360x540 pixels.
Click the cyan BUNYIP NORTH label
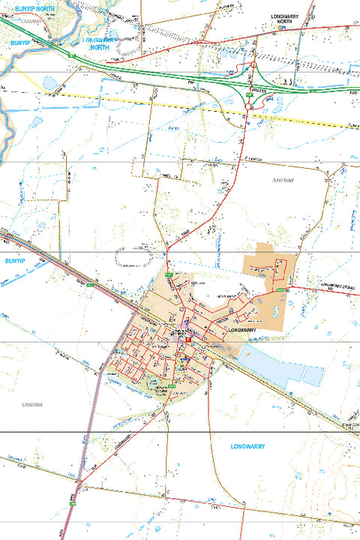33,8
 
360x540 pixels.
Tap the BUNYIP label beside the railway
14,262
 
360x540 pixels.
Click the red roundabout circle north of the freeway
253,65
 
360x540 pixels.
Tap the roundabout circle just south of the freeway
248,106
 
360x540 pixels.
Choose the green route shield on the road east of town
280,289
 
